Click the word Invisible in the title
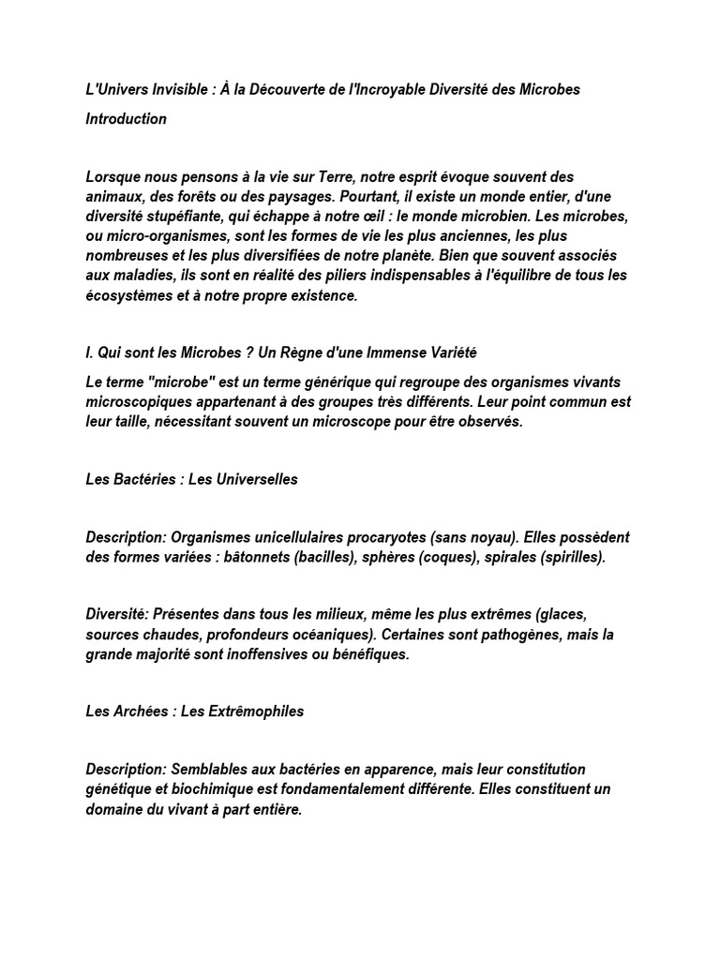(x=179, y=89)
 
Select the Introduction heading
(x=127, y=119)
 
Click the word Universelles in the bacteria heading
(x=244, y=479)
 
